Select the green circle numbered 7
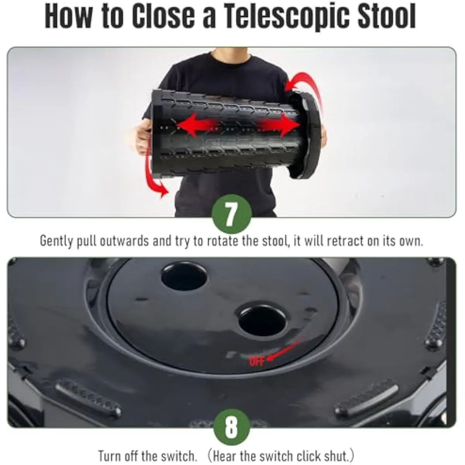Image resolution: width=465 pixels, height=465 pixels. tap(232, 214)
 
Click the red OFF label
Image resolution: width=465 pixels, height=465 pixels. tap(257, 361)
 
